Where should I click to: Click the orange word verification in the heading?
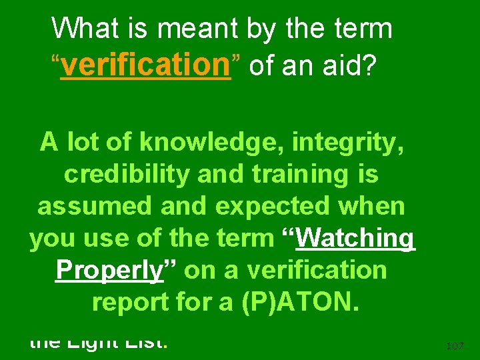pyautogui.click(x=145, y=65)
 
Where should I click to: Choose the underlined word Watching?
pyautogui.click(x=356, y=239)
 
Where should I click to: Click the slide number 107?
pyautogui.click(x=455, y=345)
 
